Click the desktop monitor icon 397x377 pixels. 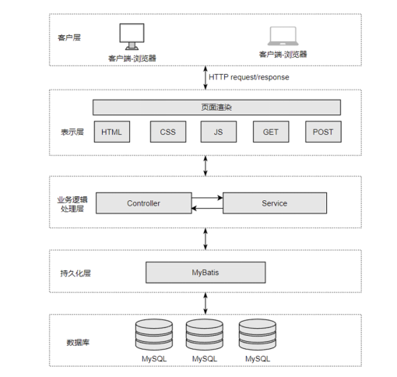coord(132,37)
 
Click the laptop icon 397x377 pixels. coord(283,36)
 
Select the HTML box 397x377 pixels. coord(112,132)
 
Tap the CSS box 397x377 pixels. coord(168,132)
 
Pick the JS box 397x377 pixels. coord(219,132)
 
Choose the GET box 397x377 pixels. coord(271,132)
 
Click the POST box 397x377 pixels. coord(323,132)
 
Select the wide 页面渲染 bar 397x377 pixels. coord(216,107)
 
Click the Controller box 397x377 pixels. coord(144,203)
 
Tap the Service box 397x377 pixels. coord(275,203)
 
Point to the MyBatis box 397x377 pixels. coord(206,273)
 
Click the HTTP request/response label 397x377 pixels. coord(249,77)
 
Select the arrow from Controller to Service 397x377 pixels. coord(207,198)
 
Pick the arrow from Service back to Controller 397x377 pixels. coord(207,208)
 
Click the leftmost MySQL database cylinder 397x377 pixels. coord(154,335)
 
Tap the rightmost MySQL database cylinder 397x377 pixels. coord(258,335)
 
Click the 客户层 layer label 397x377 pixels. coord(69,37)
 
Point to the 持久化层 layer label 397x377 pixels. coord(76,273)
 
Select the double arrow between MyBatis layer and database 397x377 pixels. coord(206,303)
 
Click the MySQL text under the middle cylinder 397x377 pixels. coord(205,359)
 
